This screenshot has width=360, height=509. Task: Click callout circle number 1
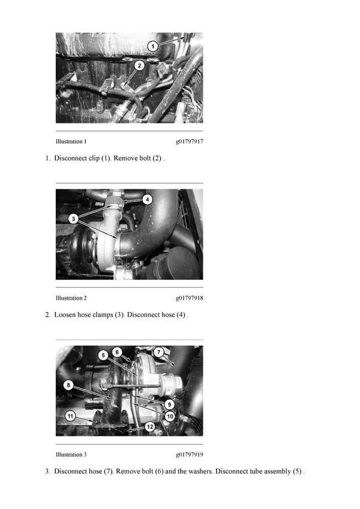coord(153,46)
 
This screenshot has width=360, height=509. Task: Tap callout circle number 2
coord(139,65)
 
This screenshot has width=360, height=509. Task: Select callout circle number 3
coord(73,218)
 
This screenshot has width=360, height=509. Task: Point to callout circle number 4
coord(148,199)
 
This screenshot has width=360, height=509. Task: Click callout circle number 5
coord(103,355)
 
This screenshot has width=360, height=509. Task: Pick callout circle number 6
coord(117,352)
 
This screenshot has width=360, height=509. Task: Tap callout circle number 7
coord(158,352)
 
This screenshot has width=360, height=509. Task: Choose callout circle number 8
coord(68,385)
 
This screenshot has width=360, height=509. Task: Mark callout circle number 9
coord(169,404)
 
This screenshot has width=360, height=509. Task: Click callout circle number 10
coord(170,416)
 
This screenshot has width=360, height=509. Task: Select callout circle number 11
coord(70,416)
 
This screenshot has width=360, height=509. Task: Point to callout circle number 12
coord(150,426)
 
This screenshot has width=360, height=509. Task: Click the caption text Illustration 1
coord(71,141)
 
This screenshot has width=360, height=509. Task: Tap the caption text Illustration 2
coord(71,298)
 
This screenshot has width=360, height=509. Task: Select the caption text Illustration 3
coord(71,454)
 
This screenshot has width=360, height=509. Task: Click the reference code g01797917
coord(190,142)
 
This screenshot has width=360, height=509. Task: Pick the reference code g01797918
coord(190,299)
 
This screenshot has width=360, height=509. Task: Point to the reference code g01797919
coord(190,455)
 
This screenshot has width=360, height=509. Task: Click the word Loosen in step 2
coord(65,315)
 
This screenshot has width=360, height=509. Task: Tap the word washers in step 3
coord(200,471)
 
